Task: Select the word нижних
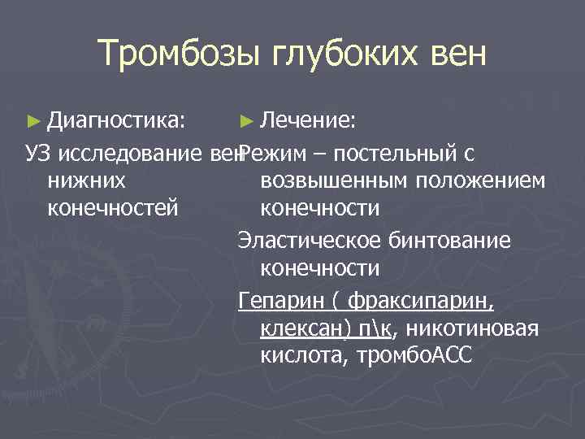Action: tap(86, 180)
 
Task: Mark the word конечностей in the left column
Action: tap(113, 208)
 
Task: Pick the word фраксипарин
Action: tap(419, 301)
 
